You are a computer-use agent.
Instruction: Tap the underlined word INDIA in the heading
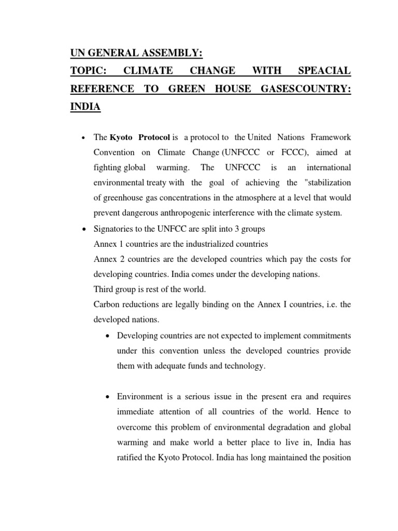point(86,107)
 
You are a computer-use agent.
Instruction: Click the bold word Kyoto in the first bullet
point(124,137)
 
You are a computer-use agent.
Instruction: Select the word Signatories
point(115,229)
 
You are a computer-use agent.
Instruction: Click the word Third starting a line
point(104,289)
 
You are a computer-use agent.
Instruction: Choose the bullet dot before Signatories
point(83,229)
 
